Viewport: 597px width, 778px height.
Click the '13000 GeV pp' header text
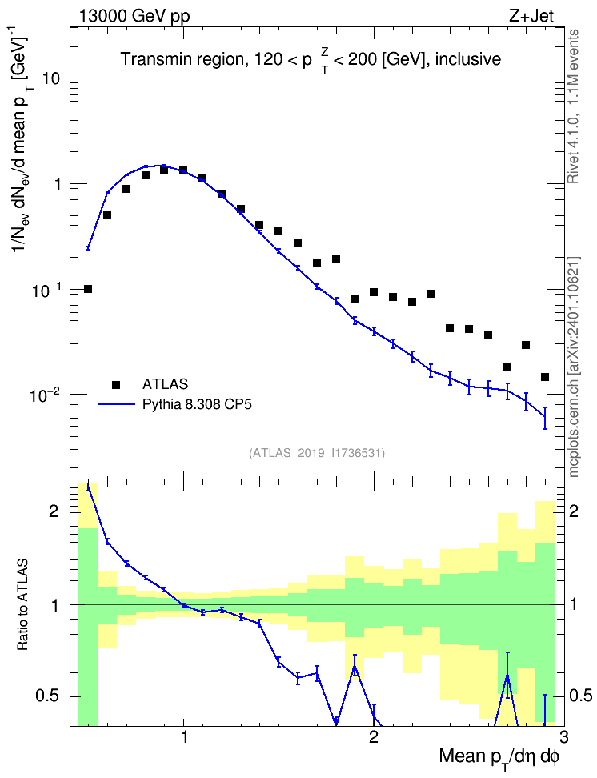click(x=134, y=16)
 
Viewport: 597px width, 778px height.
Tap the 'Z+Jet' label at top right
click(x=531, y=16)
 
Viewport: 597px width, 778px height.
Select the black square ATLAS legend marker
click(x=116, y=384)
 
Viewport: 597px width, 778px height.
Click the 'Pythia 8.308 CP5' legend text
click(x=197, y=404)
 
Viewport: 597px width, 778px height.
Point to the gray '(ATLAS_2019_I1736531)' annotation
click(x=317, y=452)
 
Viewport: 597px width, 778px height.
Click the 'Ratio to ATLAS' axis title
click(x=22, y=605)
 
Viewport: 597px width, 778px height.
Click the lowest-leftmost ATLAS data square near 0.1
click(x=88, y=289)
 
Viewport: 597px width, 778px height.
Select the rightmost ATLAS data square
click(x=545, y=377)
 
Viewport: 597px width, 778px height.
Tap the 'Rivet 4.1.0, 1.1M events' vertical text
click(x=574, y=106)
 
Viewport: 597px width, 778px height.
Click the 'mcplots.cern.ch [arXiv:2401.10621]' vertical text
click(x=574, y=367)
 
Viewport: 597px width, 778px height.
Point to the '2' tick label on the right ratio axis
click(x=574, y=511)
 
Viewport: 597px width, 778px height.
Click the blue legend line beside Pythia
click(x=116, y=405)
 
